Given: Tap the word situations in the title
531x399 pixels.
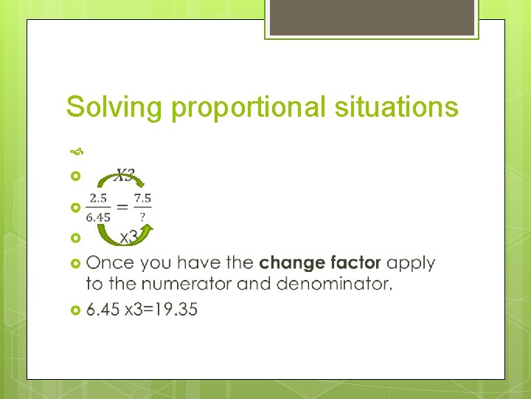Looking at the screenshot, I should coord(395,107).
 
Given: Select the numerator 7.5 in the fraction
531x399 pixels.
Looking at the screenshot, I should coord(143,197).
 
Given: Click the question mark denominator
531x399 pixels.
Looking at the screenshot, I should coord(142,216).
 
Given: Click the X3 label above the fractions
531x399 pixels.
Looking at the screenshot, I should coord(125,176).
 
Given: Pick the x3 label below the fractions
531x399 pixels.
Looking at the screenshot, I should coord(130,237).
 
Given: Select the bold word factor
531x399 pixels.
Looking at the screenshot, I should coord(355,263).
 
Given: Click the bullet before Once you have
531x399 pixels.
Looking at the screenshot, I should coord(74,263).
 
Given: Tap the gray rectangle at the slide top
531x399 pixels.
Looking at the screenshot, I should coord(372,18).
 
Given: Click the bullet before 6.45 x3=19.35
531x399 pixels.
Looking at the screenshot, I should coord(74,310).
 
